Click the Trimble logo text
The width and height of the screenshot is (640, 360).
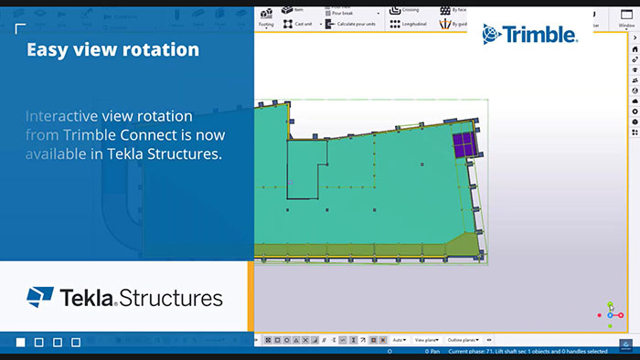tap(541, 35)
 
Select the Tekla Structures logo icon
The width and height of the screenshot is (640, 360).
tap(39, 298)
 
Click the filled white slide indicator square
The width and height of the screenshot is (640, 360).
tap(21, 343)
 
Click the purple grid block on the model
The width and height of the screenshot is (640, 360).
tap(464, 143)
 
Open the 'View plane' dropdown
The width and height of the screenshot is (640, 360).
tap(427, 339)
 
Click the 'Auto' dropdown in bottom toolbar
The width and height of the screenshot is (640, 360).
tap(400, 339)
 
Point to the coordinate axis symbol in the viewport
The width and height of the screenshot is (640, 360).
tap(612, 313)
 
